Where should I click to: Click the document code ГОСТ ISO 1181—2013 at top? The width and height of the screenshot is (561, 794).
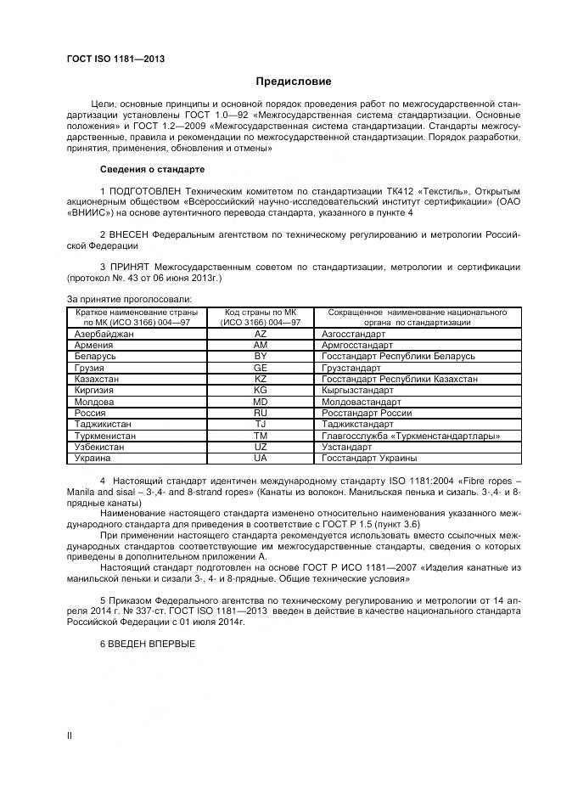pos(115,59)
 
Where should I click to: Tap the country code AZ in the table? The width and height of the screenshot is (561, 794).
pos(261,335)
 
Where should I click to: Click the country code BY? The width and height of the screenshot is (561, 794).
pos(261,357)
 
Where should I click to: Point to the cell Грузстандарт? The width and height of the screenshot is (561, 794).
pos(351,368)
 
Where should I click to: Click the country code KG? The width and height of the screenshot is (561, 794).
pos(261,390)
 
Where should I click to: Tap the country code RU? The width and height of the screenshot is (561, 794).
pos(261,412)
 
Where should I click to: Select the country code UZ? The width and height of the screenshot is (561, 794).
pos(261,446)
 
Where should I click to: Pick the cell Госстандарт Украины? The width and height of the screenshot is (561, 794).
pos(369,457)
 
